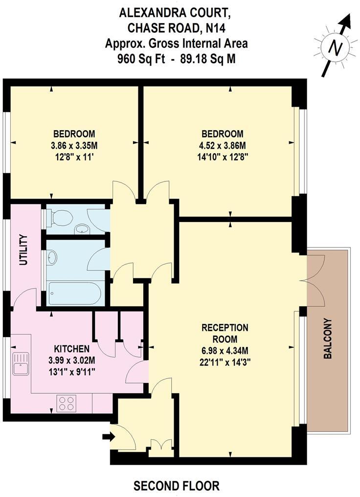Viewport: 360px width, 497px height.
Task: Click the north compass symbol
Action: point(336,47)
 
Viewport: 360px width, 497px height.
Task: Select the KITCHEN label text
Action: point(71,349)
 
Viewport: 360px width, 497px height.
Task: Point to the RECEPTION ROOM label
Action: point(225,333)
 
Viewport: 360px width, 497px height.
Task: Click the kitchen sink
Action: point(21,363)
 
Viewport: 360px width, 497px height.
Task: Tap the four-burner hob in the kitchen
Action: point(67,403)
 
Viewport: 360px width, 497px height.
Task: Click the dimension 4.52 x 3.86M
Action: point(223,145)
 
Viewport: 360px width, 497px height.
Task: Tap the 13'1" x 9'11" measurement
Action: point(71,371)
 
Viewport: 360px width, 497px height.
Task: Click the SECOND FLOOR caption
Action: point(177,486)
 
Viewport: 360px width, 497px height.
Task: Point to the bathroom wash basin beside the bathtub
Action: point(52,257)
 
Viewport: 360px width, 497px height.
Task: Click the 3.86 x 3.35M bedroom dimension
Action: point(74,145)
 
